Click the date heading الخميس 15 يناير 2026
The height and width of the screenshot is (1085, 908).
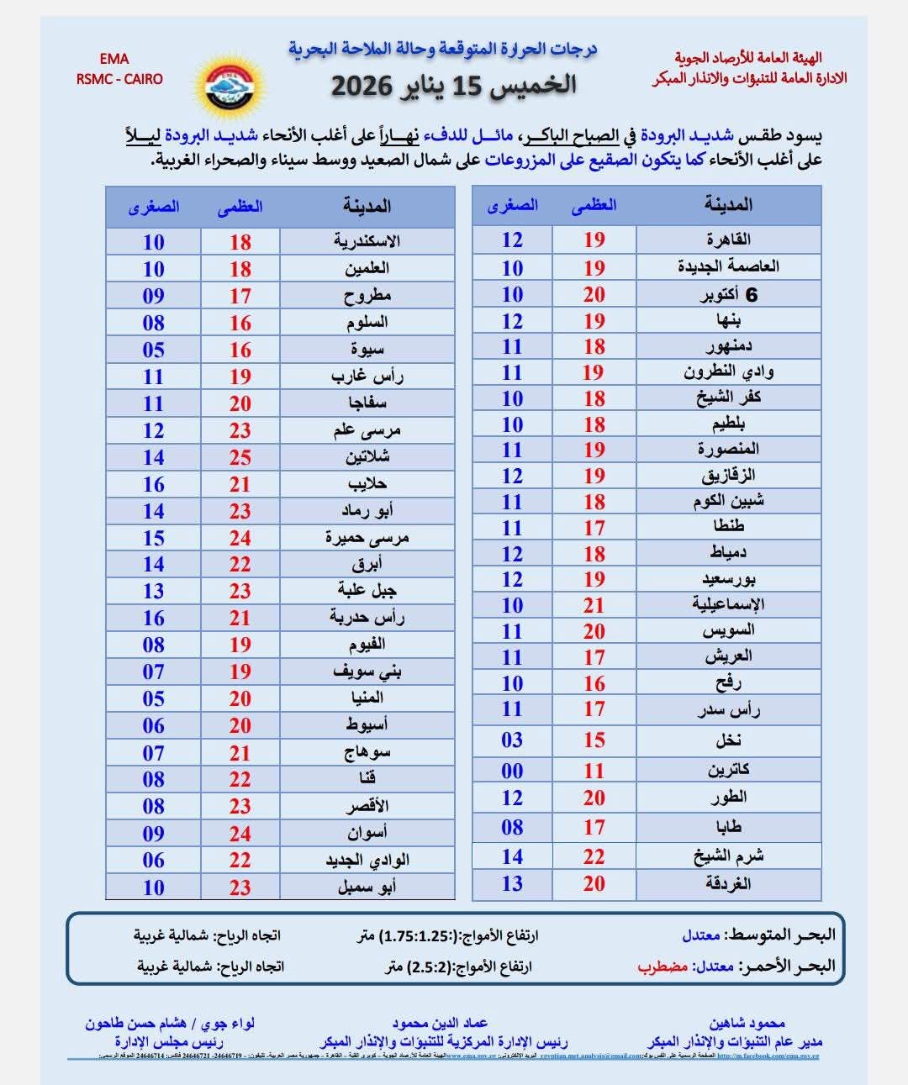(453, 84)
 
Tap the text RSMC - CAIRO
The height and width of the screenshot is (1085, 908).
(119, 79)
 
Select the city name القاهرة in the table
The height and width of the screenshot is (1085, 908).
(728, 240)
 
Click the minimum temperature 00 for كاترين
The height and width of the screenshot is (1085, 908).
(512, 771)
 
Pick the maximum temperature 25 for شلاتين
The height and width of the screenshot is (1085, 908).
(240, 457)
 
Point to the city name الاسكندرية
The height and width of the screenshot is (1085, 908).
(367, 242)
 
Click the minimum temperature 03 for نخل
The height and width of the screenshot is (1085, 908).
(512, 740)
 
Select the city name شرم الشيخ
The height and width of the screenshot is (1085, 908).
(728, 856)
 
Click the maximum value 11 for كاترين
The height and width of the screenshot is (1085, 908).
(594, 771)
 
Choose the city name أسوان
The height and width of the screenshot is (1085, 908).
(367, 833)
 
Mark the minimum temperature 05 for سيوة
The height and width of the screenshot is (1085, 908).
(153, 350)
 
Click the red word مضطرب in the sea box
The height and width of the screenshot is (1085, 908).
(663, 966)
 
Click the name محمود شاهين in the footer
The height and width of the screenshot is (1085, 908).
(747, 1023)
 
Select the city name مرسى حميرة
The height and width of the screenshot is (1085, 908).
(367, 538)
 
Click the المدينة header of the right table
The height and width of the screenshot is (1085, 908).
(728, 205)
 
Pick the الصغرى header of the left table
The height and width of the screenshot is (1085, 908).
(153, 207)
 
